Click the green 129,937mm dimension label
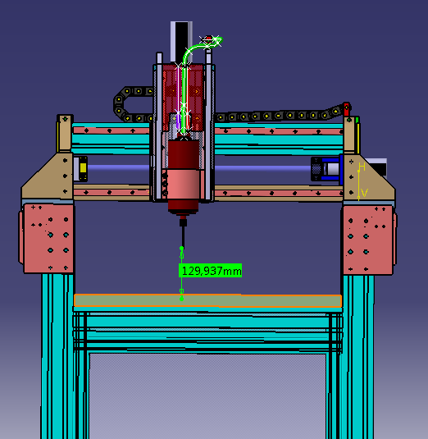211,271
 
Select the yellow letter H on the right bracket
362,167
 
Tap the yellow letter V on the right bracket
364,193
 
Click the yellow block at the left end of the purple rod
83,168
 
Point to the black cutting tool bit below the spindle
182,233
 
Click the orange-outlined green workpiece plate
207,300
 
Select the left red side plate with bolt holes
48,238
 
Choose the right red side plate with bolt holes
368,240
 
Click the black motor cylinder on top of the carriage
181,42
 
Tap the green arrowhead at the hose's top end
216,40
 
